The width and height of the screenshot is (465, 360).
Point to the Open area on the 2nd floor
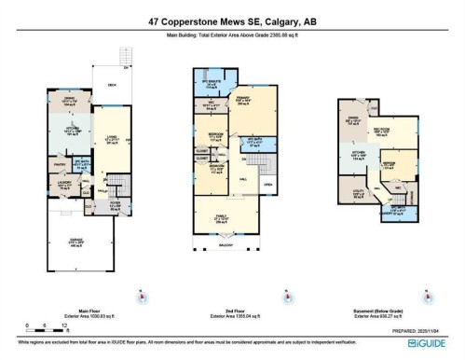pos(268,185)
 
